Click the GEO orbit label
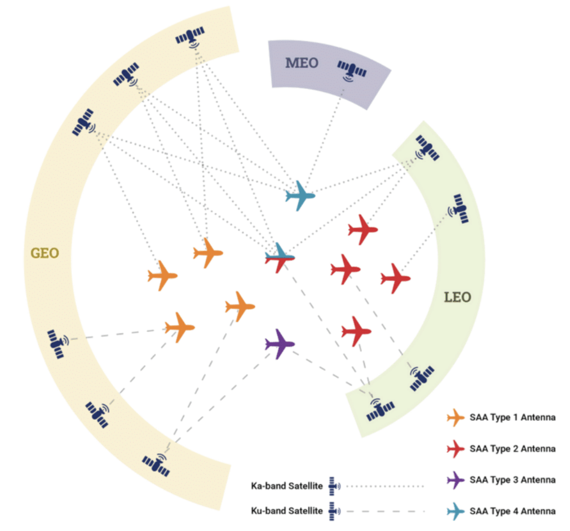pos(45,253)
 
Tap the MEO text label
pos(302,63)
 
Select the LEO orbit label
pos(457,297)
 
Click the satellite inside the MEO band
pos(352,70)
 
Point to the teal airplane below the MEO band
pos(300,196)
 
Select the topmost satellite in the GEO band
pos(190,37)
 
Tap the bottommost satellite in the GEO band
pos(156,464)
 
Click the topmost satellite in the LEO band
pos(427,148)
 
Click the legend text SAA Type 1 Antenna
pos(512,417)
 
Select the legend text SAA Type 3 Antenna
pos(512,480)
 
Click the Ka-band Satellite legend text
pos(287,486)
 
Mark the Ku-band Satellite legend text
pos(287,511)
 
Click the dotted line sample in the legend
pos(385,486)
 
